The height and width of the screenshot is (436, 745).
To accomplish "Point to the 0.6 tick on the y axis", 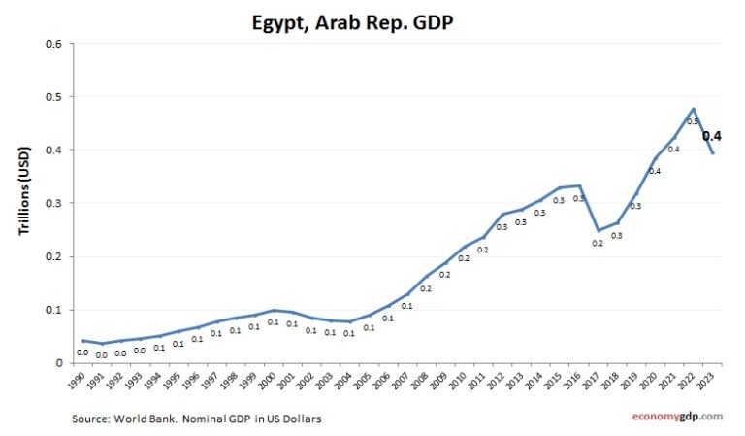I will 53,44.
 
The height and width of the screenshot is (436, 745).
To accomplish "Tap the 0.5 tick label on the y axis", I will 53,97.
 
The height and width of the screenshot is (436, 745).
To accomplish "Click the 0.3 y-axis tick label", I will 53,204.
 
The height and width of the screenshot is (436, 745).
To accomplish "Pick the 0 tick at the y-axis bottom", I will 58,363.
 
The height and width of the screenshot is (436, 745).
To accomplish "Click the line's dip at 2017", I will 599,230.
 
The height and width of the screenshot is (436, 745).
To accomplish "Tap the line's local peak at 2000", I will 275,310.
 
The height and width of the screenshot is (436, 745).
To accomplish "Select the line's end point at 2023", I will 713,152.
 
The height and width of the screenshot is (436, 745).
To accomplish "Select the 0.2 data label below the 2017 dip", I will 598,243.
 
